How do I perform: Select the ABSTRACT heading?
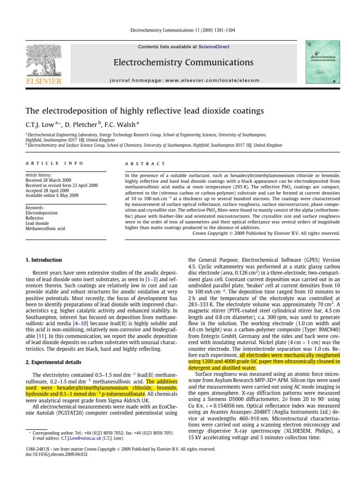145,164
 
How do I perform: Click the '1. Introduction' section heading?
43,260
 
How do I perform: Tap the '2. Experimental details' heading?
53,362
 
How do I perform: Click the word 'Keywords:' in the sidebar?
35,207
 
